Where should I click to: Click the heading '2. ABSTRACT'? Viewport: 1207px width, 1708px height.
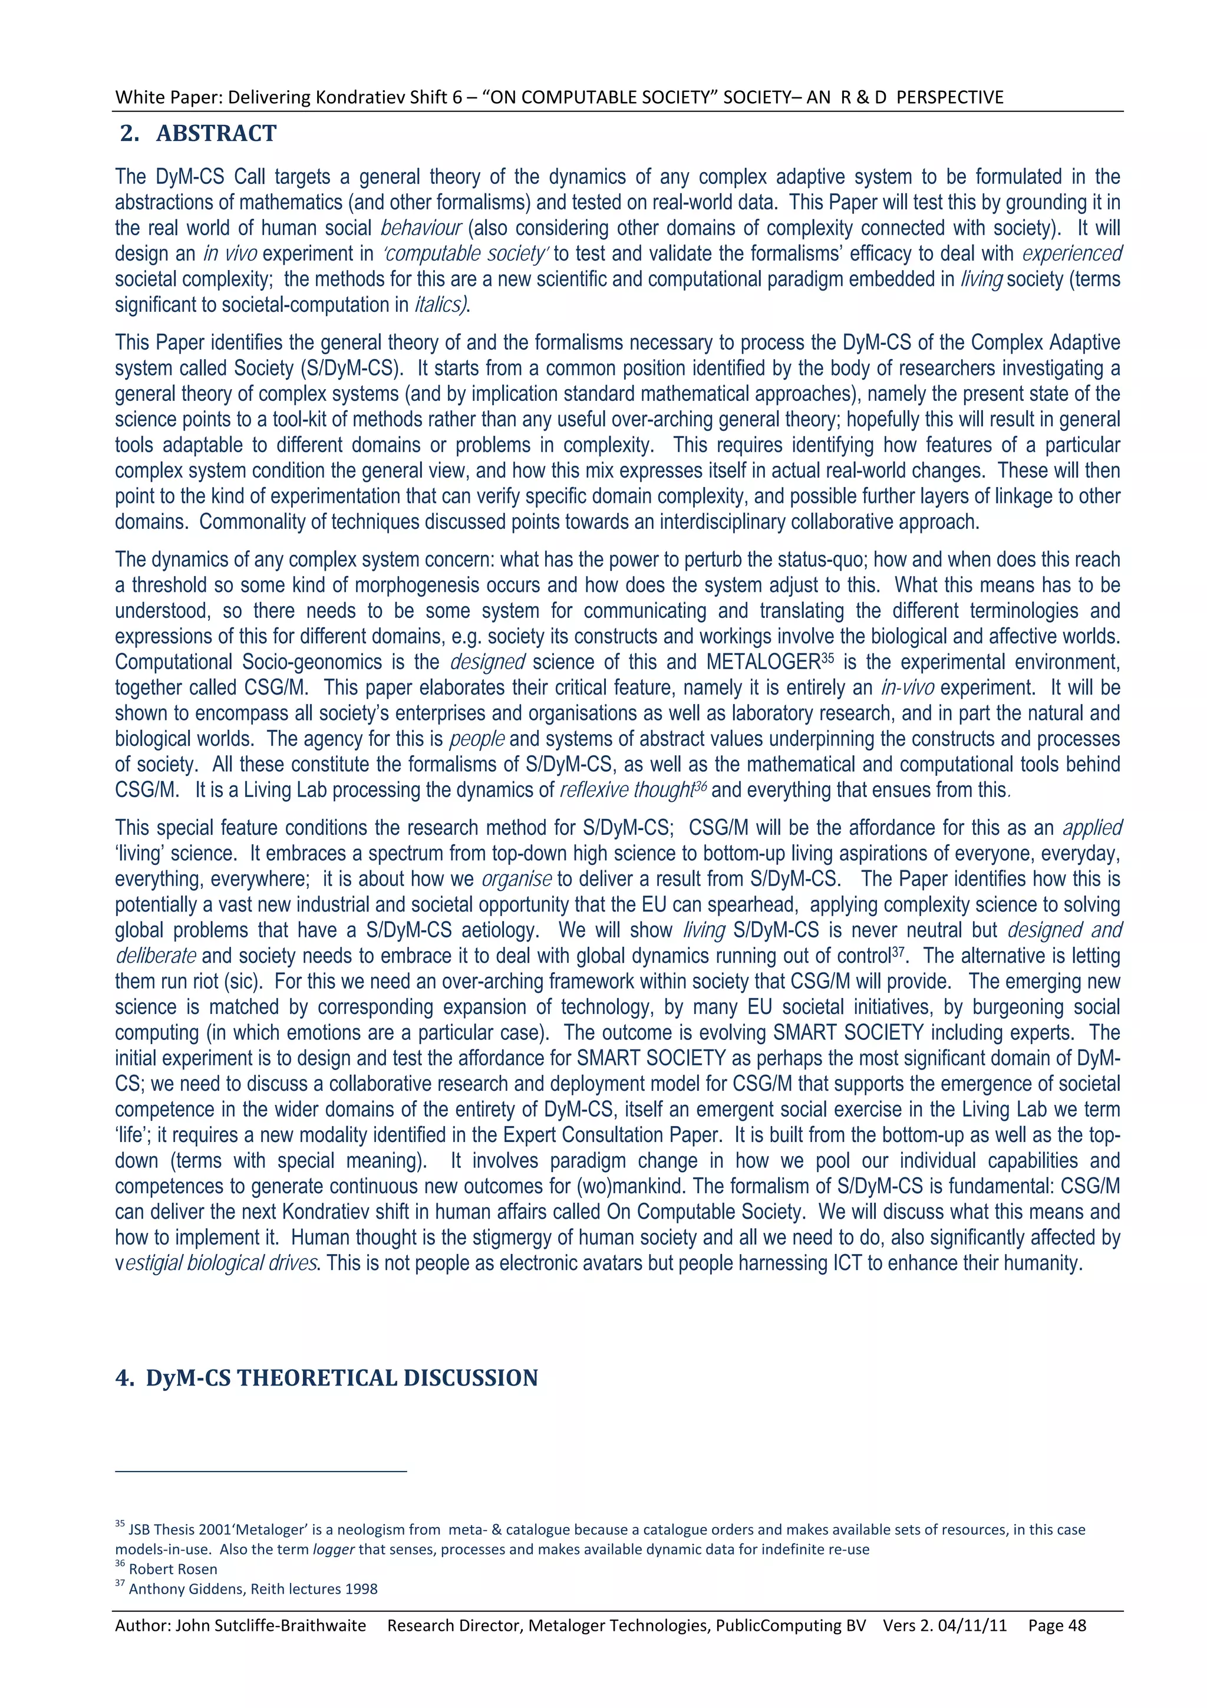point(198,134)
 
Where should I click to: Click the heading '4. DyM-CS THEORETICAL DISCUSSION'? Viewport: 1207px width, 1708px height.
point(327,1378)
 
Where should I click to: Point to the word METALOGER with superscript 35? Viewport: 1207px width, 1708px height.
point(763,662)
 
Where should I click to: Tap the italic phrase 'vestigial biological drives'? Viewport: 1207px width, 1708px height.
point(217,1263)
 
